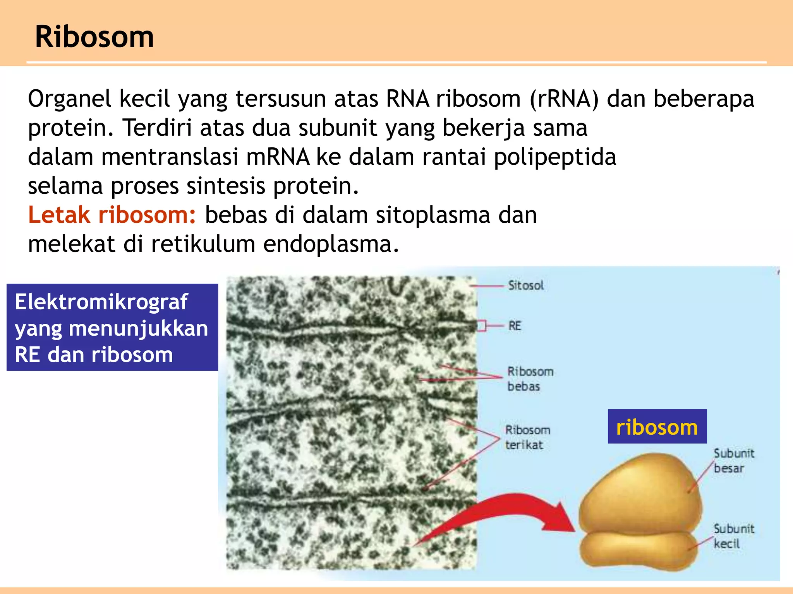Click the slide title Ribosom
click(94, 37)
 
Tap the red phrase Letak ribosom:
click(112, 215)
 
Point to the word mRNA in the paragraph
click(278, 157)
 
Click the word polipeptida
click(555, 157)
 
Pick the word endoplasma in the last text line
click(331, 244)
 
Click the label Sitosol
click(525, 286)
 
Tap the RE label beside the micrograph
click(515, 326)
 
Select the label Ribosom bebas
click(530, 379)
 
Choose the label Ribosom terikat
click(527, 437)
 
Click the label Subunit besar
click(733, 461)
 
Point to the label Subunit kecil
click(733, 536)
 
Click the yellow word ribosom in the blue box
click(657, 427)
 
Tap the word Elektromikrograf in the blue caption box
click(101, 302)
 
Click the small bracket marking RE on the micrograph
click(481, 326)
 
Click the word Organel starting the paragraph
click(69, 99)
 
